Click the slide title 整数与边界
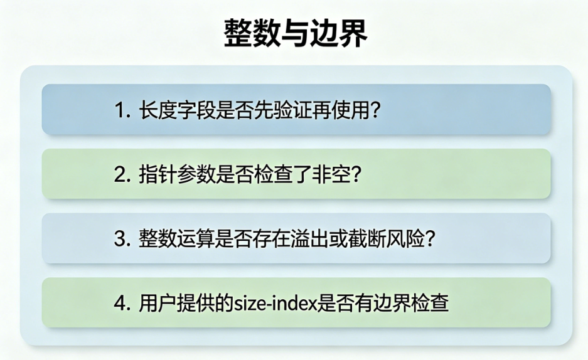[x=296, y=34]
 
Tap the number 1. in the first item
[x=122, y=110]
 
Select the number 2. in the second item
[x=122, y=174]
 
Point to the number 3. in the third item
[x=122, y=239]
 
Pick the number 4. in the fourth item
[x=122, y=304]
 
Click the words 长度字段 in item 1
[x=178, y=110]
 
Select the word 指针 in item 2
[x=158, y=174]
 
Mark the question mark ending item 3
[x=430, y=239]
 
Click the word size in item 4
[x=249, y=304]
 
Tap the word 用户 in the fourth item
[x=158, y=304]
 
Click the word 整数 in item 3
[x=158, y=239]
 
